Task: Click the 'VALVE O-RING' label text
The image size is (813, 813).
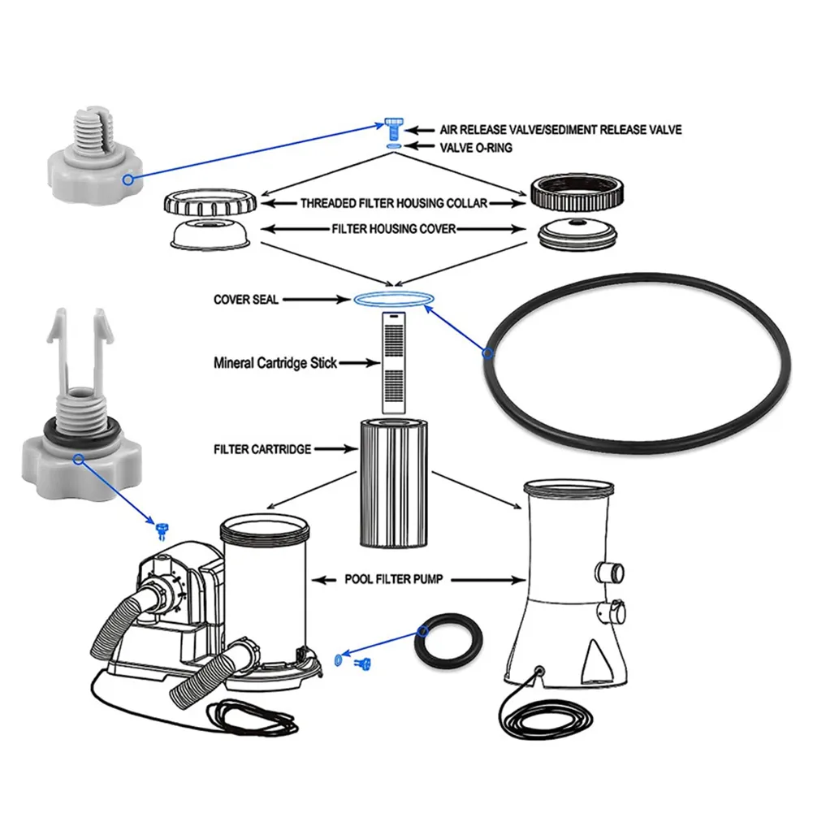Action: coord(476,148)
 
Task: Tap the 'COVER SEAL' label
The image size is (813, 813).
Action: coord(246,300)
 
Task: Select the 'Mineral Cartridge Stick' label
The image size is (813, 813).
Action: coord(275,363)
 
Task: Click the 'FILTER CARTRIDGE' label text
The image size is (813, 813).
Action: coord(262,448)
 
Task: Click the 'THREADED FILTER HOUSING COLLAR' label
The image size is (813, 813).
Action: coord(394,203)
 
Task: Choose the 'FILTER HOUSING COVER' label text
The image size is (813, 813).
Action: coord(394,230)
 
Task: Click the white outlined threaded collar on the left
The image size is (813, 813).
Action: coord(210,200)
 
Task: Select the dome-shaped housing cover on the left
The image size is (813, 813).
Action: coord(210,235)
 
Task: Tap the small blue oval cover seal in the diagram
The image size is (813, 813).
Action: coord(391,300)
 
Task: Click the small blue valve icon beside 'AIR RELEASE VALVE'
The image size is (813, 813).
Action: coord(394,127)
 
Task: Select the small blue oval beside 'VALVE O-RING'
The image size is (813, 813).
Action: coord(394,145)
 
